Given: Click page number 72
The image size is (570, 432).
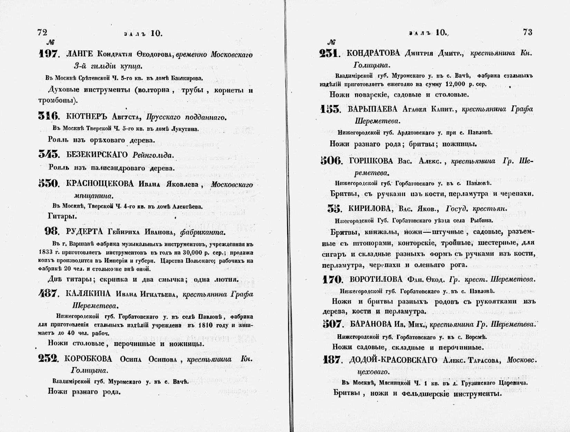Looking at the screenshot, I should (x=42, y=32).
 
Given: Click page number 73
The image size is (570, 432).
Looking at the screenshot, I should (x=528, y=32).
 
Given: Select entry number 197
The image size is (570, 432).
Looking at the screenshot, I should (x=49, y=54).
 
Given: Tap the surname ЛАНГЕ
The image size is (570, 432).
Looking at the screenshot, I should (x=79, y=54).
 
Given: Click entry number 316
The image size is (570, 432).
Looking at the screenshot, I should (x=49, y=117).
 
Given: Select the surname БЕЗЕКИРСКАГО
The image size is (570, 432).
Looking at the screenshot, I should (x=97, y=155).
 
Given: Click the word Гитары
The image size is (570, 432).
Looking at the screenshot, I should (x=62, y=216).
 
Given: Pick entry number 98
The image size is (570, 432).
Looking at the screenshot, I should (x=52, y=231).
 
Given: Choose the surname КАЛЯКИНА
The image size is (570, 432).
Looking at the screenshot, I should (x=88, y=294).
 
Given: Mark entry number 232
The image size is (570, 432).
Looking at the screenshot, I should (x=48, y=359).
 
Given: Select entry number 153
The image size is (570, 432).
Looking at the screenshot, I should (x=330, y=109).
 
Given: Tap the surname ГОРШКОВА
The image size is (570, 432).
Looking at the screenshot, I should (x=371, y=161).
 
